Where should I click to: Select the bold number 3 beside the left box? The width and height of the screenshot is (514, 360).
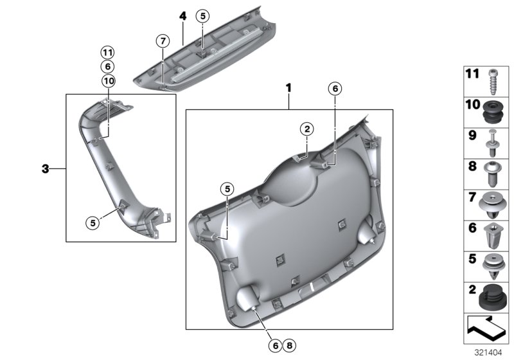coord(45,169)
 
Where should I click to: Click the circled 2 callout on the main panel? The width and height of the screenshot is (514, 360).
coord(308,129)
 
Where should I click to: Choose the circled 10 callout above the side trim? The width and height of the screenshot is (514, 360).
coord(107,80)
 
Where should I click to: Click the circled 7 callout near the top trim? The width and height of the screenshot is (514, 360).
coord(163,41)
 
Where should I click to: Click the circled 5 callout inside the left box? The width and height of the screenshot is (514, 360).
coord(93,222)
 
